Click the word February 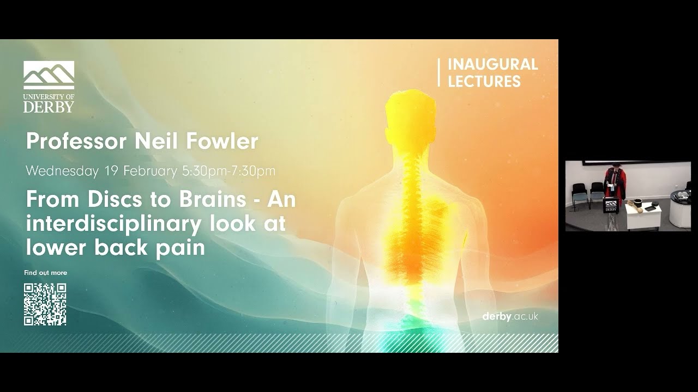coord(149,171)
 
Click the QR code coord(45,304)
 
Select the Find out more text coord(45,273)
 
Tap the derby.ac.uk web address coord(510,316)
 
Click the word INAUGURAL coord(492,64)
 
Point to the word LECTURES coord(484,82)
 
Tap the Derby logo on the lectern coord(611,206)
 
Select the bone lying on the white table coord(635,203)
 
